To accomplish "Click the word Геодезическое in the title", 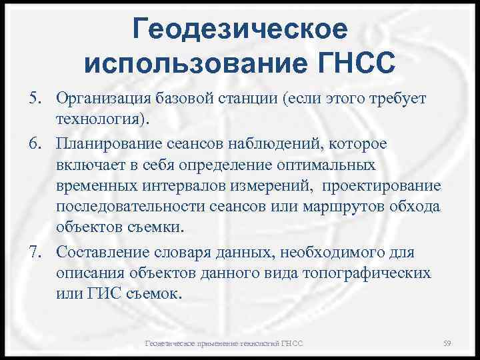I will pyautogui.click(x=240, y=29).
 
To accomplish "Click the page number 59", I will pyautogui.click(x=447, y=343).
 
